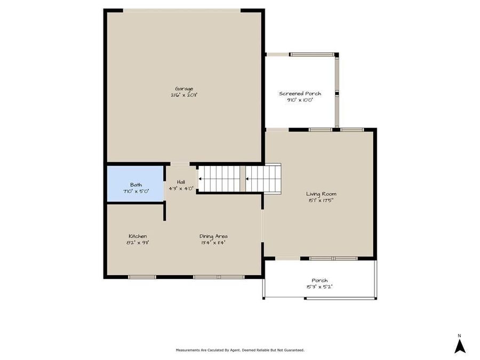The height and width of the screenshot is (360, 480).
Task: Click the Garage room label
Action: [184, 89]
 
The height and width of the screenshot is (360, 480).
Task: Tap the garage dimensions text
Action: [184, 95]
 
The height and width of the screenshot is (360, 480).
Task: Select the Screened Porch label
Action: [300, 94]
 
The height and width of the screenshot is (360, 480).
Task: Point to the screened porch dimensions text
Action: [300, 100]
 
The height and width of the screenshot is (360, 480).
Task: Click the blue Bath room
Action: [135, 184]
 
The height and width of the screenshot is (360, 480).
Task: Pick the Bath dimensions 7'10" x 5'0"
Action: [135, 190]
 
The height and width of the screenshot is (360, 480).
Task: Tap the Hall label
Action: [181, 182]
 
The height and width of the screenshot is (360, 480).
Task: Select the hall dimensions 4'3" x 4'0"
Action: [181, 188]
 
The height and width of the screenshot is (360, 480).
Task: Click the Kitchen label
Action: [138, 236]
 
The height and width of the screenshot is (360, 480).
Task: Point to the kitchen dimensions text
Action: [138, 243]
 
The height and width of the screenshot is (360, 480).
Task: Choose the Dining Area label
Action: [213, 236]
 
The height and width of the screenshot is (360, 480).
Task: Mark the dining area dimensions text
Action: [213, 243]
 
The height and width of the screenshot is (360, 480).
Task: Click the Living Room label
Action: [321, 194]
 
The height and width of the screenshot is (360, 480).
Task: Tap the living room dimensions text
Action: [321, 201]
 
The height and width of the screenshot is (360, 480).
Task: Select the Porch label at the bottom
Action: [319, 281]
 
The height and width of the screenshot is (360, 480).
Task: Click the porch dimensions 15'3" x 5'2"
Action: [319, 287]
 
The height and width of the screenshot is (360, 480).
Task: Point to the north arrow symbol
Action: [460, 346]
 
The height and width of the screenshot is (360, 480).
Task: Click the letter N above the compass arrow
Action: [460, 335]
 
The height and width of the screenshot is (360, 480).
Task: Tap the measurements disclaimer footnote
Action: [240, 350]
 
